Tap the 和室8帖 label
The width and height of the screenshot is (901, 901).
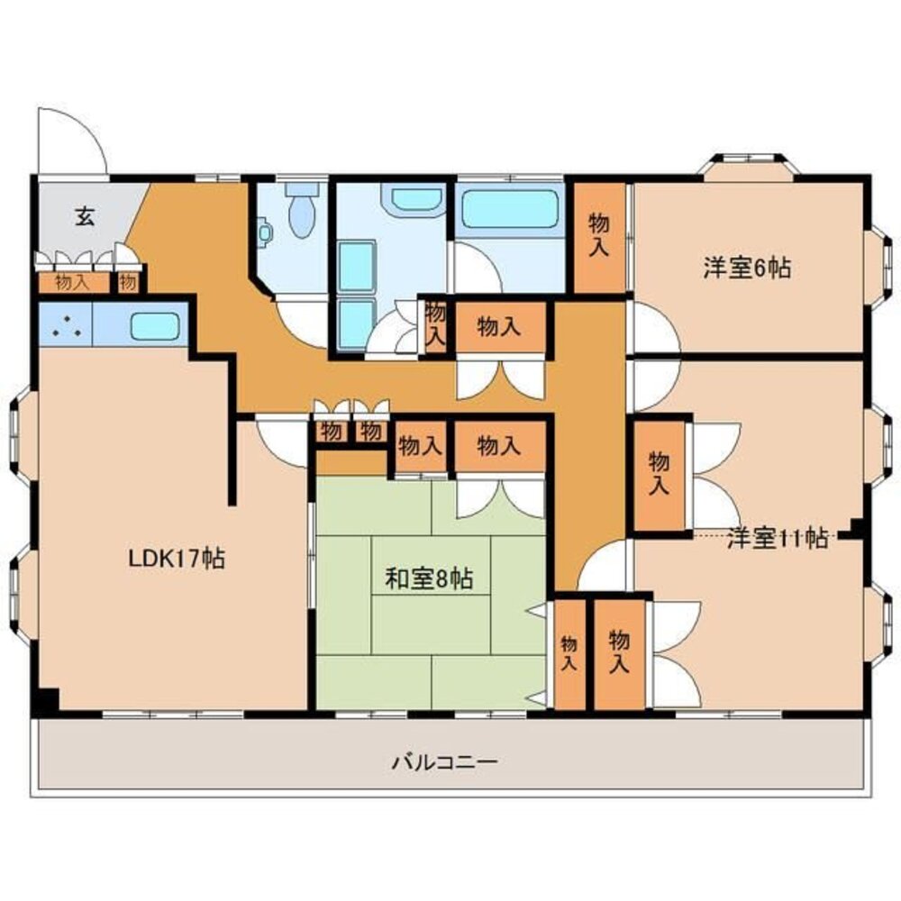429,578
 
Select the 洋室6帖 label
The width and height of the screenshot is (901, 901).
747,268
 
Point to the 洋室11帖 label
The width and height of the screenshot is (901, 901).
778,539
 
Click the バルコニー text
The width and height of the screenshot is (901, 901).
444,762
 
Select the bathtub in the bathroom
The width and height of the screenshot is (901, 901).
510,209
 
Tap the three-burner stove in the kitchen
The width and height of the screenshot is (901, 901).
65,326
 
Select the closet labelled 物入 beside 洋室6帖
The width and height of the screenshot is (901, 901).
599,237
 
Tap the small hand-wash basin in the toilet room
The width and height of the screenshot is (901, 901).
264,232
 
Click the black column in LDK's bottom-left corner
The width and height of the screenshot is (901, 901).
45,700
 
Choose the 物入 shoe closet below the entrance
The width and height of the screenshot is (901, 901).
73,282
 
